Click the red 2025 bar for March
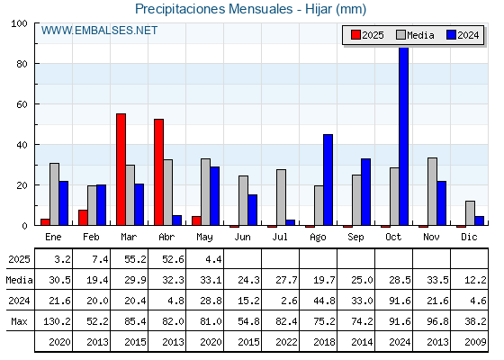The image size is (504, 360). click(x=121, y=169)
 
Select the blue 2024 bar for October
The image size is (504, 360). click(x=404, y=136)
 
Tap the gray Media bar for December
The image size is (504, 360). click(x=470, y=213)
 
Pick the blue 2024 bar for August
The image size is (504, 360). click(x=328, y=180)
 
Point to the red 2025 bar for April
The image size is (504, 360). click(x=158, y=172)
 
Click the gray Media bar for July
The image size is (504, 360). click(x=281, y=197)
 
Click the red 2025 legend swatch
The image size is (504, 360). click(x=355, y=35)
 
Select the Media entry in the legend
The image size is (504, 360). click(x=415, y=35)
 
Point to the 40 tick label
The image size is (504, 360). click(x=22, y=145)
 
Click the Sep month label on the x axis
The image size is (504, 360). click(x=355, y=237)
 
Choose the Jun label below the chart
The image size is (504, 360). click(x=242, y=237)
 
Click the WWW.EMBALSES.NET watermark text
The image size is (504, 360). click(x=99, y=31)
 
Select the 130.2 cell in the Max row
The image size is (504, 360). click(x=57, y=321)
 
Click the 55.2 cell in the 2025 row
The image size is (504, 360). click(x=135, y=259)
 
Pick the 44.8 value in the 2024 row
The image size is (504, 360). click(x=324, y=301)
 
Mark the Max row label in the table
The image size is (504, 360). click(x=19, y=321)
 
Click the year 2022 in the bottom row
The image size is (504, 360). click(x=286, y=342)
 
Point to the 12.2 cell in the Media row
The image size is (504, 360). click(x=475, y=280)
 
